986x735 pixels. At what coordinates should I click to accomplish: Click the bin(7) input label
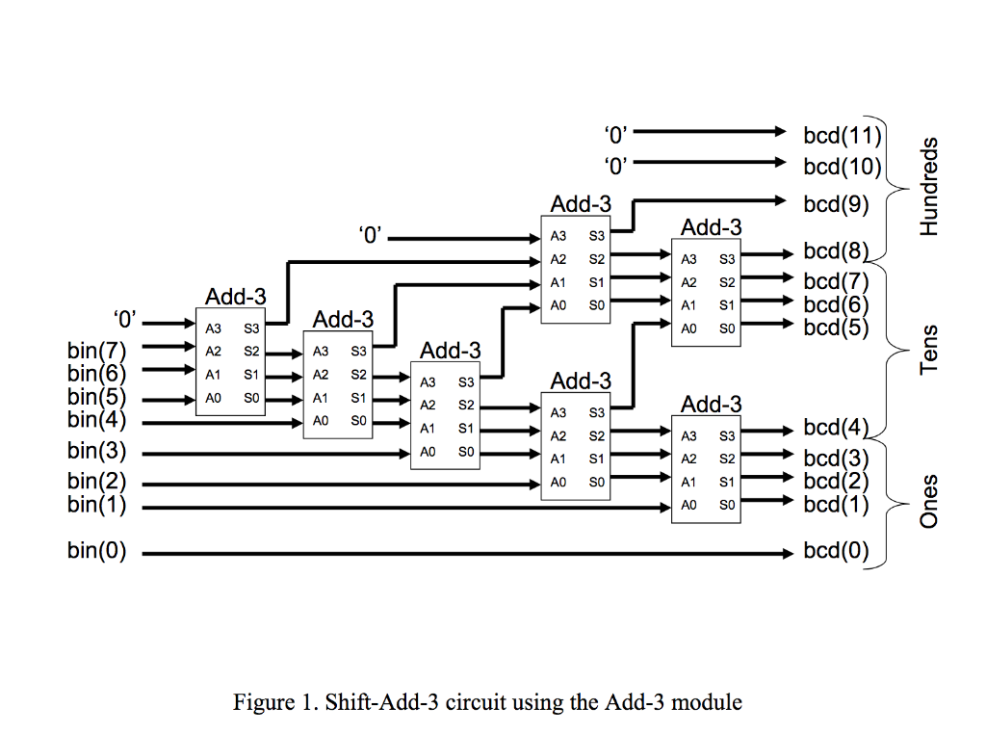[x=96, y=349]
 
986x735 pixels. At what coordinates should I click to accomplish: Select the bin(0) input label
[x=96, y=553]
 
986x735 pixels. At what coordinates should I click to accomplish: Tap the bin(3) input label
[x=96, y=450]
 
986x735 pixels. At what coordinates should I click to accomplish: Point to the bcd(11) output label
[x=842, y=136]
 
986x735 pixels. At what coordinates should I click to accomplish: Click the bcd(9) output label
[x=836, y=204]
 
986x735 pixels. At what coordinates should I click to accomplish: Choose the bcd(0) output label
[x=836, y=553]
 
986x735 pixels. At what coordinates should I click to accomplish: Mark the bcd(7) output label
[x=836, y=281]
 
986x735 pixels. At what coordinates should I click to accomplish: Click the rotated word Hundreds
[x=928, y=187]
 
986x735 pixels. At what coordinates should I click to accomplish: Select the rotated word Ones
[x=928, y=501]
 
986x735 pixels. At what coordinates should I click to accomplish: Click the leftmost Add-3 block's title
[x=236, y=296]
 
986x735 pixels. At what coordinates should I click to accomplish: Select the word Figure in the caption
[x=257, y=701]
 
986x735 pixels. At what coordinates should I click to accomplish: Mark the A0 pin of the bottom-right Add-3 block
[x=688, y=504]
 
